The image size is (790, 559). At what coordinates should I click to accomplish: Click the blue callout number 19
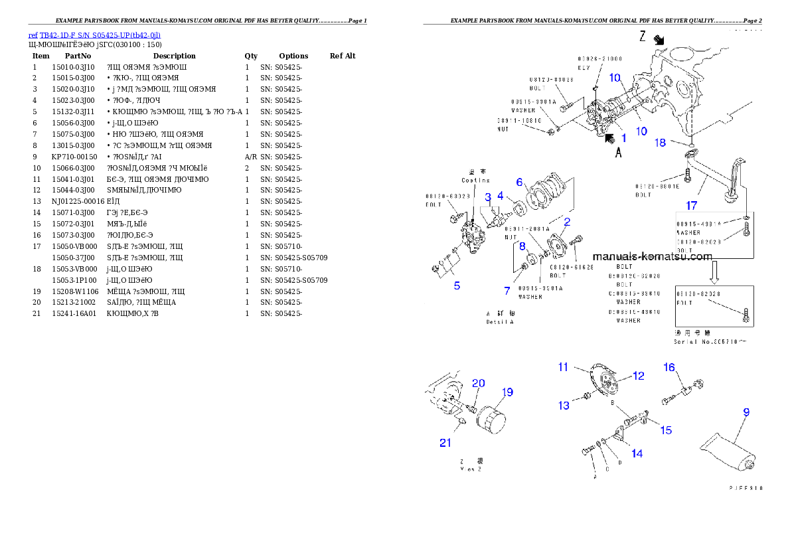tap(507, 392)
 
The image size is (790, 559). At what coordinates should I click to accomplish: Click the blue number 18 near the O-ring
tap(661, 143)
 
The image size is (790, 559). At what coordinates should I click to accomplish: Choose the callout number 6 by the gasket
tap(520, 182)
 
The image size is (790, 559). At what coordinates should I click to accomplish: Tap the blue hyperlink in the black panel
tap(94, 35)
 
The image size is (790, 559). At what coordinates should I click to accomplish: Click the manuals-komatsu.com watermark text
tap(652, 256)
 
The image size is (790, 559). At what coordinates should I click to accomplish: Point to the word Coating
tap(475, 180)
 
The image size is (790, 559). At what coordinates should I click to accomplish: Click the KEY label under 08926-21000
tap(584, 68)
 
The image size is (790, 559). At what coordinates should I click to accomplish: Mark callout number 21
tap(444, 443)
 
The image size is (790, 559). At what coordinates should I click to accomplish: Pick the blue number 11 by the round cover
tap(563, 366)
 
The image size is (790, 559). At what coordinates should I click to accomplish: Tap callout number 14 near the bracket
tap(637, 454)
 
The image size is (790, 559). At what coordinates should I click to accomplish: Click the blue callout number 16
tap(669, 367)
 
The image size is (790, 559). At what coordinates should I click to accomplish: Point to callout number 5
tap(457, 286)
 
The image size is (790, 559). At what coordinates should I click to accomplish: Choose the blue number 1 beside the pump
tap(623, 138)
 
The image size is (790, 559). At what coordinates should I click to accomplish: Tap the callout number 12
tap(638, 376)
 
